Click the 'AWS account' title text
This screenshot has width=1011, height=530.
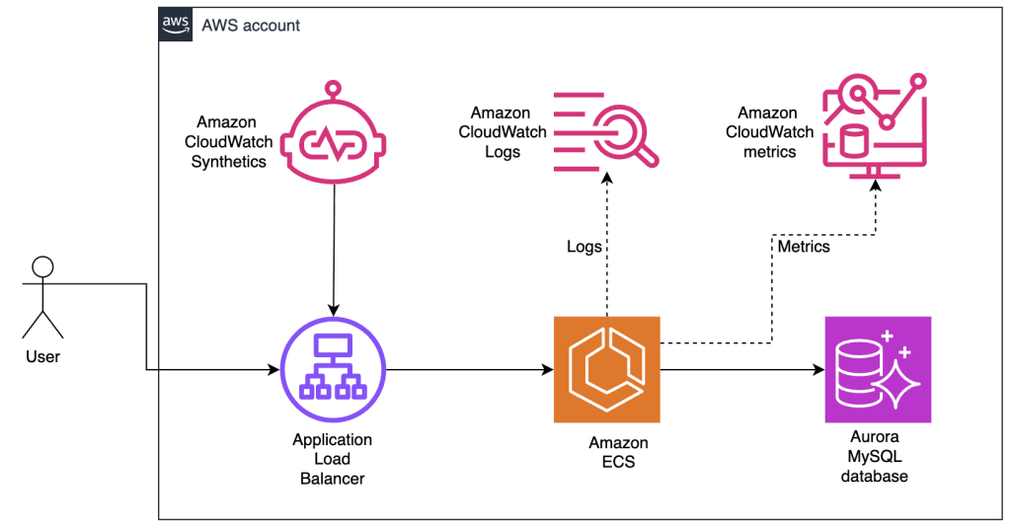tap(251, 25)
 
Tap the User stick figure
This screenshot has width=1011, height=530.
tap(42, 297)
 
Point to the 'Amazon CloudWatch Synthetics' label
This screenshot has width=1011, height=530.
tap(228, 142)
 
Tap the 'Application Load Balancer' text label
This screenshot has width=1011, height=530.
tap(333, 459)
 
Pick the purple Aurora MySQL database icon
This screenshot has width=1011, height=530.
tap(878, 369)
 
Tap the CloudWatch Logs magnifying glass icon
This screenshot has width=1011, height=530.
tap(605, 129)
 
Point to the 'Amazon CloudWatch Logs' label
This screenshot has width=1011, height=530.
tap(501, 133)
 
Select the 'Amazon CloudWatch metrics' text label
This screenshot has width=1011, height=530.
tap(769, 132)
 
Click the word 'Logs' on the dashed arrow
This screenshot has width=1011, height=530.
tap(584, 246)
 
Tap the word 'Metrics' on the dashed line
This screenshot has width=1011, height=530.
tap(804, 246)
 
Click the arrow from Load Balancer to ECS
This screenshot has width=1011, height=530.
tap(469, 371)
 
